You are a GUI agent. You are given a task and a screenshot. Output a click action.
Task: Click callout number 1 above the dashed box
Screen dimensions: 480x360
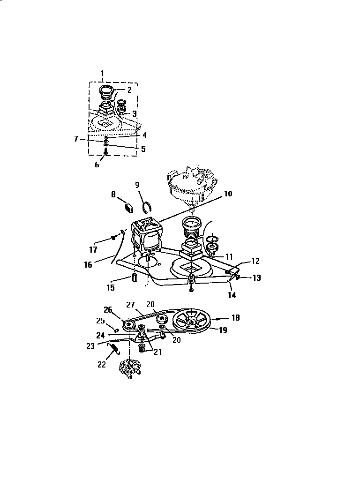[103, 73]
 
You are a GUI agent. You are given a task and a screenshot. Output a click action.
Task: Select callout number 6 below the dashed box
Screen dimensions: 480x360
[97, 165]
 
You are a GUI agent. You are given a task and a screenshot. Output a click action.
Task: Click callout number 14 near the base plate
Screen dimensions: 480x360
[232, 295]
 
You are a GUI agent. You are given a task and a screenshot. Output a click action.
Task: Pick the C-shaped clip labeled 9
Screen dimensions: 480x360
[147, 206]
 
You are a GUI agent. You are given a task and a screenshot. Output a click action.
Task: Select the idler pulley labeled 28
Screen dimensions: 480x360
[162, 320]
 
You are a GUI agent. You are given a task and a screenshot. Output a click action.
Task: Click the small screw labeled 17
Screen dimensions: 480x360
[114, 238]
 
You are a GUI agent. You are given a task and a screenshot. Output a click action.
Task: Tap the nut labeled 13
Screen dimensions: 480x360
[238, 278]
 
